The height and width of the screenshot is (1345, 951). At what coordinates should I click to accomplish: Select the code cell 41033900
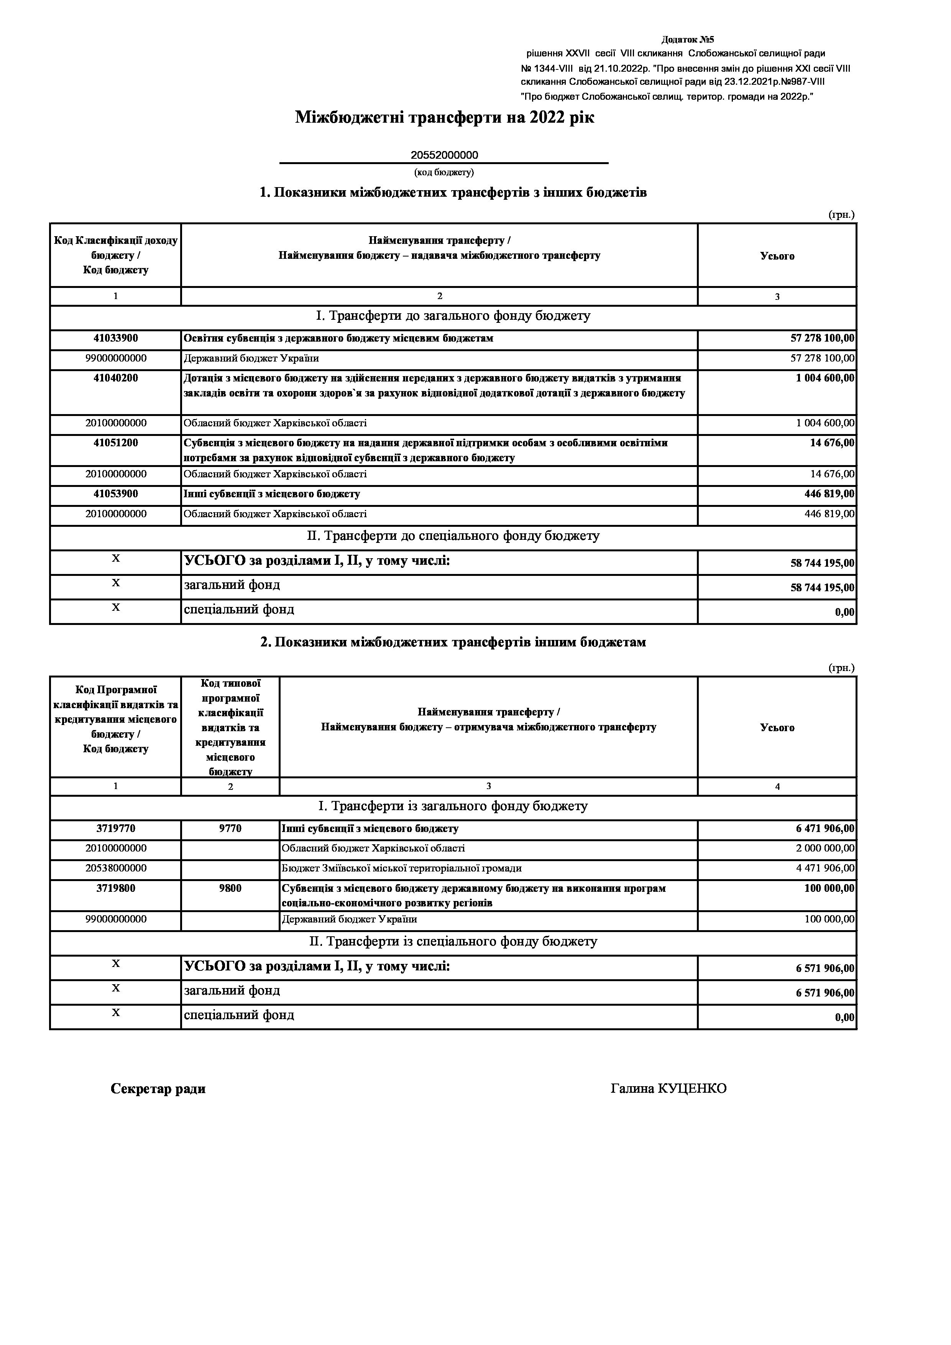115,339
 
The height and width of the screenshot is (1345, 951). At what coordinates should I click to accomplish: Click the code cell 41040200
115,378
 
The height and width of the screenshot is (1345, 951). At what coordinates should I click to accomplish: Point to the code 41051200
115,443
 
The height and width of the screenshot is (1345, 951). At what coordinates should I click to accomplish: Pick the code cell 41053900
115,494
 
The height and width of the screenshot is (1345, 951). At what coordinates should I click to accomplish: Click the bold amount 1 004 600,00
825,378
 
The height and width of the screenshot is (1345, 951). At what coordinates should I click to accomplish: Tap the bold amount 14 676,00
831,443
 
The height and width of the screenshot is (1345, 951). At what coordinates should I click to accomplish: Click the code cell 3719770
115,829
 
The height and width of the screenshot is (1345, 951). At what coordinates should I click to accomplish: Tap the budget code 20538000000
115,868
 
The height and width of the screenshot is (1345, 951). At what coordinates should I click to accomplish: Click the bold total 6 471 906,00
825,829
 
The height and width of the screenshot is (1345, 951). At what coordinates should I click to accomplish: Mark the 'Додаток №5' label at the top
688,40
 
